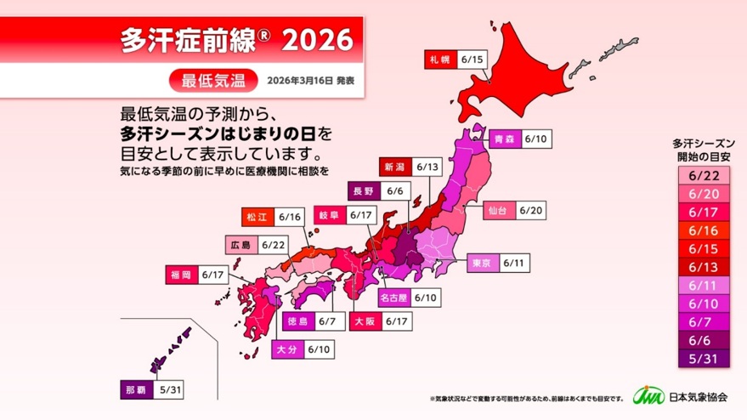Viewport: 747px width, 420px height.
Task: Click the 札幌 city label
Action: [439, 60]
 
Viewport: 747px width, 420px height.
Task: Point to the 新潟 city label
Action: [397, 167]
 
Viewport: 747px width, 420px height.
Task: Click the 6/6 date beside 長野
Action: [393, 191]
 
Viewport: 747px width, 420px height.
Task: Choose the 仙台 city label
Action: [496, 209]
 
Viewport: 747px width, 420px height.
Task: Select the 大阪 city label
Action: [363, 322]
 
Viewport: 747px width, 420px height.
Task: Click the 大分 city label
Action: [286, 349]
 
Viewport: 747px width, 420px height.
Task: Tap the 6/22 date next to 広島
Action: [273, 245]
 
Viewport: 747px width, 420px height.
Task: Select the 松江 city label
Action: [256, 217]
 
